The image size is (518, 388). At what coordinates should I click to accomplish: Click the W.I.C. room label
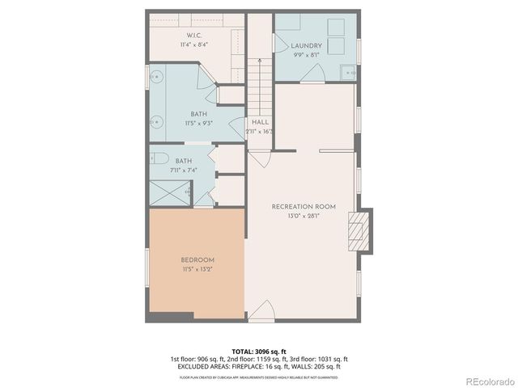point(194,35)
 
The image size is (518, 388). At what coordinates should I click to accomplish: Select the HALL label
point(260,122)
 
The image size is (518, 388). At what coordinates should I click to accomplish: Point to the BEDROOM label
point(197,259)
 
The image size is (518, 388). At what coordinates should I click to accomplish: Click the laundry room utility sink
point(350,71)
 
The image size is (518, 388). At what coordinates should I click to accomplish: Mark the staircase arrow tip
point(259,60)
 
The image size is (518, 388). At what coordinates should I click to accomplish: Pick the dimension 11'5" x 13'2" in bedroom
point(197,268)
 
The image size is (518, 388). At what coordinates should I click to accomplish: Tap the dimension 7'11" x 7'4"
point(184,170)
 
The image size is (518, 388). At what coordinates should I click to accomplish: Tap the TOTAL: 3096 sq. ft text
point(259,352)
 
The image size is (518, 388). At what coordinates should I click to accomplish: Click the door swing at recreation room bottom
point(261,311)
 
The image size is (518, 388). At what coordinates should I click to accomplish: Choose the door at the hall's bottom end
point(259,154)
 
